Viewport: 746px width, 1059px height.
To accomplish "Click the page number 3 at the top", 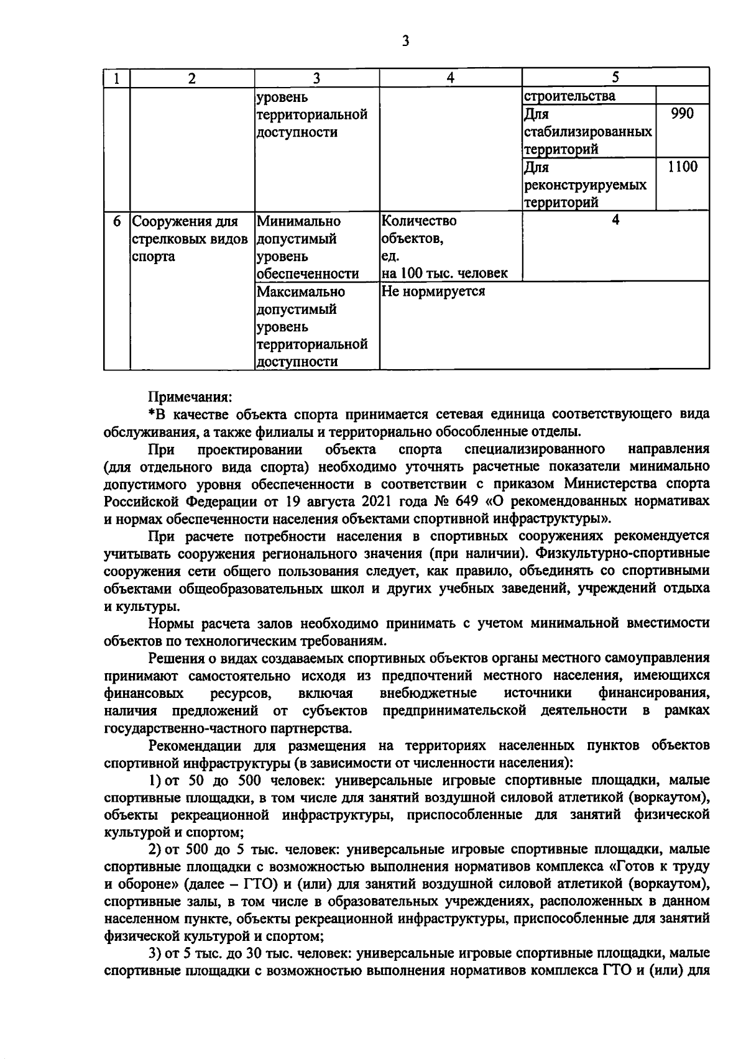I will click(x=405, y=41).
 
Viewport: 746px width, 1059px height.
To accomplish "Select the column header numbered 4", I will click(x=450, y=78).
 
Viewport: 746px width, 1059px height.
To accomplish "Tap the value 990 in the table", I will click(x=682, y=113).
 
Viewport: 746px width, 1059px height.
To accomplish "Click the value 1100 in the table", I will click(x=682, y=167).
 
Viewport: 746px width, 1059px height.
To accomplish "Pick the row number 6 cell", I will click(x=116, y=221).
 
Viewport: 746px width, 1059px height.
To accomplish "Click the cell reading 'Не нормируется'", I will click(x=433, y=291).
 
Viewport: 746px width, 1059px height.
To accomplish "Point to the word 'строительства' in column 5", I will click(x=569, y=96).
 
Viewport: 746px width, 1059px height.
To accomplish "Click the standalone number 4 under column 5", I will click(x=615, y=220).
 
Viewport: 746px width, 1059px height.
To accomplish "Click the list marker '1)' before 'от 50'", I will click(x=156, y=780).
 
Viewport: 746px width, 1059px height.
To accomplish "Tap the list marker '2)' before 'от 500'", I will click(x=156, y=849).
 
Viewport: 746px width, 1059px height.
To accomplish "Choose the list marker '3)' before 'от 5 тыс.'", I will click(x=156, y=953).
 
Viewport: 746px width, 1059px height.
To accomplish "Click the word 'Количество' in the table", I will click(x=418, y=221).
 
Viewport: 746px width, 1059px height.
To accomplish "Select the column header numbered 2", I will click(x=191, y=78).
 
